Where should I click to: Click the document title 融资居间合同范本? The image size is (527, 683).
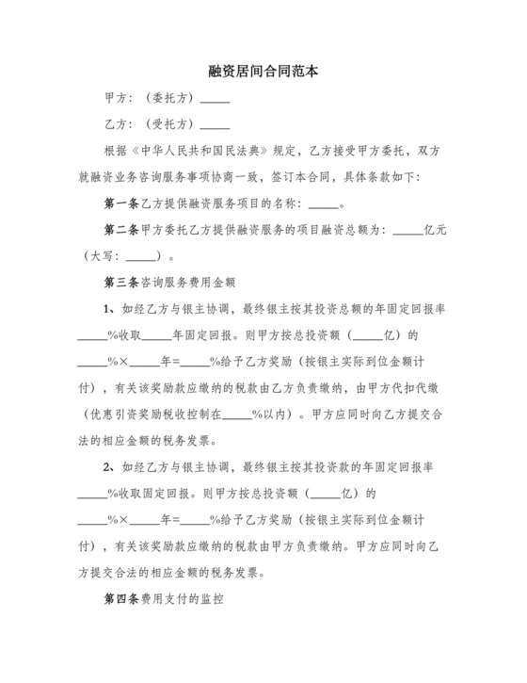(263, 71)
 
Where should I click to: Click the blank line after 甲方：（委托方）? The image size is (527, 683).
(216, 99)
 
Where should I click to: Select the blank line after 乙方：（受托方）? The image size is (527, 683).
(216, 124)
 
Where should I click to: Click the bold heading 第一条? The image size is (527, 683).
(120, 203)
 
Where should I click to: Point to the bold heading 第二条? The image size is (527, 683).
(120, 229)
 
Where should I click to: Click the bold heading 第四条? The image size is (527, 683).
(120, 598)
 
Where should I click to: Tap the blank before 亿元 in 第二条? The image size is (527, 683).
(407, 229)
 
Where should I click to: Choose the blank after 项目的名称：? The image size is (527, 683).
(322, 203)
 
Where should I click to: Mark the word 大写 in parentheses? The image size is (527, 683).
(103, 255)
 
